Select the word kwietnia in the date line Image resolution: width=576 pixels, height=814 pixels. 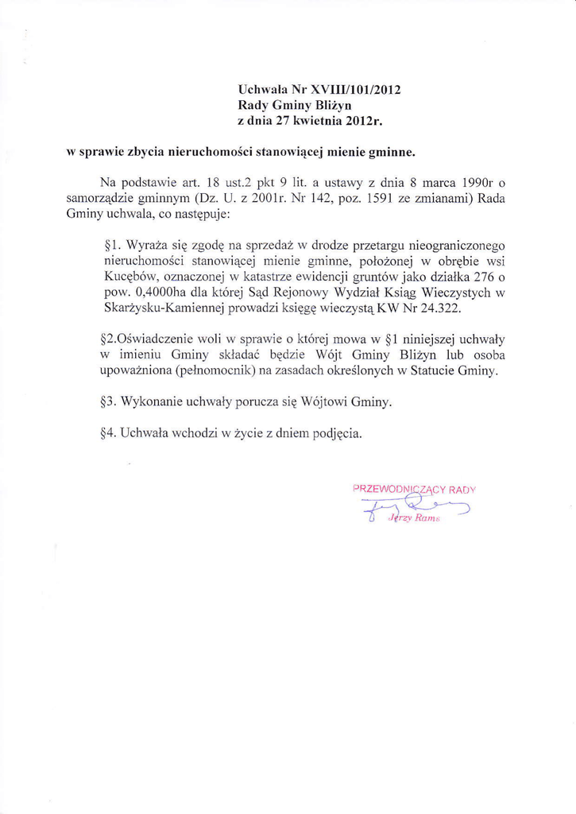tap(316, 121)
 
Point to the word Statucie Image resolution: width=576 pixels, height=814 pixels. tap(430, 371)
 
